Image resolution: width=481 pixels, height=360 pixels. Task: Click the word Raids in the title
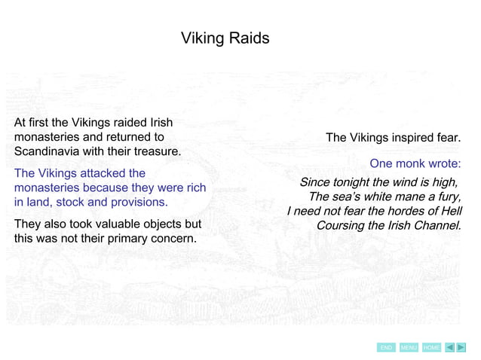(x=247, y=38)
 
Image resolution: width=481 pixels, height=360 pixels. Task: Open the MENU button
(x=409, y=347)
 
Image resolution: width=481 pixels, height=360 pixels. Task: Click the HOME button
(x=431, y=347)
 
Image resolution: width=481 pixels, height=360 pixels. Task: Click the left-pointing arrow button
(x=449, y=347)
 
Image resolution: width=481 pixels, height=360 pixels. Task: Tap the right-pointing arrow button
(x=461, y=347)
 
